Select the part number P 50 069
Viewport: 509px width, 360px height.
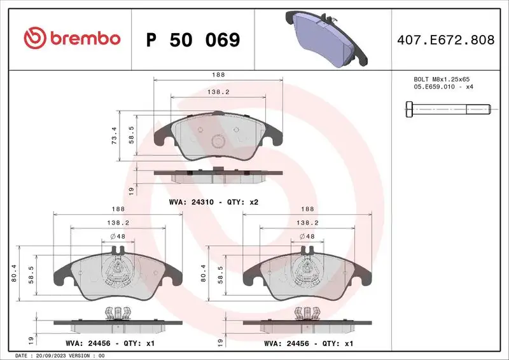click(193, 40)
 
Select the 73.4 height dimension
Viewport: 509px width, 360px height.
click(114, 134)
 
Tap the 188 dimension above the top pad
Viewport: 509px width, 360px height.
click(218, 74)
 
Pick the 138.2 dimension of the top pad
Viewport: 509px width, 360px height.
click(218, 92)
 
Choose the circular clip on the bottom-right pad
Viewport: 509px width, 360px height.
click(307, 272)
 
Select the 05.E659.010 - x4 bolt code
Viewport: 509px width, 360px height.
click(443, 87)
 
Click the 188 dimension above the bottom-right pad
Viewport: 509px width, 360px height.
click(308, 208)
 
